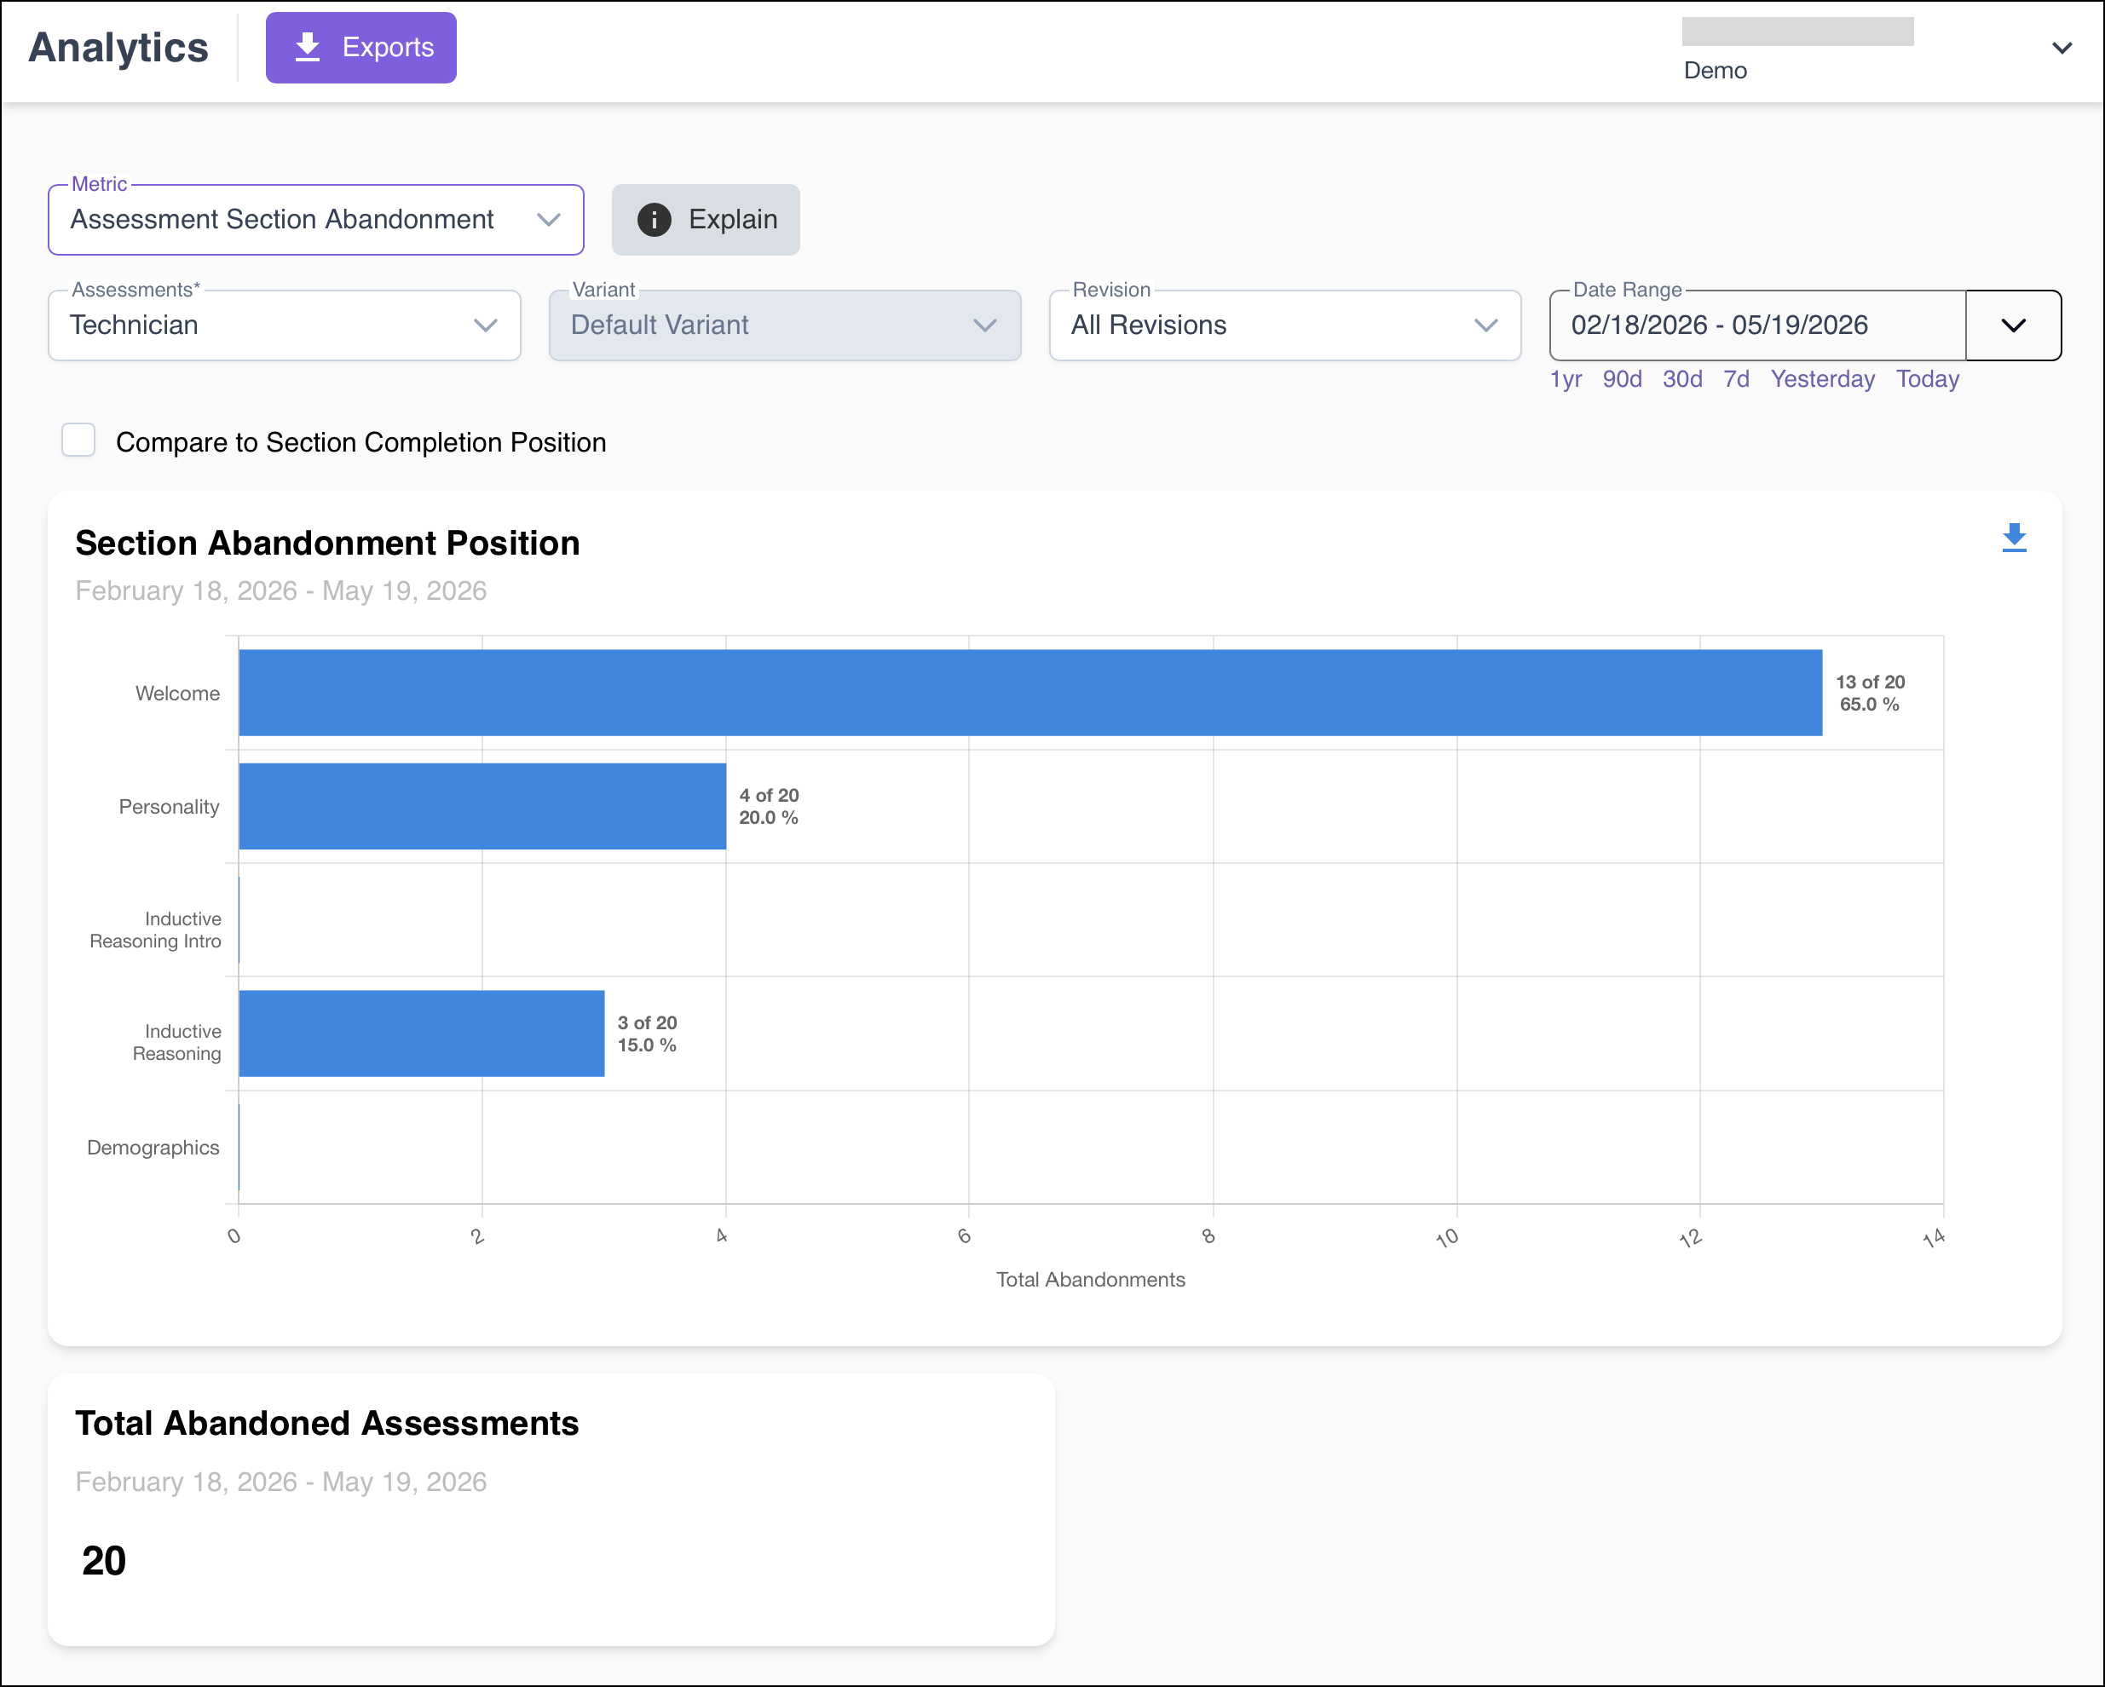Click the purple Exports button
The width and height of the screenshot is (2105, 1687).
[x=360, y=47]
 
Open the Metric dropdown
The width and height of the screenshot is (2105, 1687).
[x=315, y=220]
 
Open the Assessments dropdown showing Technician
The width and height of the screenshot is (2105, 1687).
[x=284, y=325]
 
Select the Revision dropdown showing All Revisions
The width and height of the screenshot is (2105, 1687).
[x=1285, y=325]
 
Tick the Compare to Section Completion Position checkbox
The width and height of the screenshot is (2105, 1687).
[x=78, y=440]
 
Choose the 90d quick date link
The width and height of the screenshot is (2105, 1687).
[x=1622, y=379]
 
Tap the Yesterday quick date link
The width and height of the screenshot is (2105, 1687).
[x=1822, y=379]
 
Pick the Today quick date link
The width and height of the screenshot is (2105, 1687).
[x=1927, y=379]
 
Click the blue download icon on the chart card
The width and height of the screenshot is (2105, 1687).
[x=2013, y=538]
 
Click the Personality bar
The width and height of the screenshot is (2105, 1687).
[x=482, y=805]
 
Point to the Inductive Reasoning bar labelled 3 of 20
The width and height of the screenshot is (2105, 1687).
[x=422, y=1033]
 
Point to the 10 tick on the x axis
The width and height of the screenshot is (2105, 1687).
[x=1447, y=1238]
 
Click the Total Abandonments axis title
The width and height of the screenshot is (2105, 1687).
[x=1091, y=1279]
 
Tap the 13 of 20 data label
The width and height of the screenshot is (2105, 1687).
[x=1870, y=682]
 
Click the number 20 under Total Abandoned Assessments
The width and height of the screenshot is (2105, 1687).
[x=103, y=1560]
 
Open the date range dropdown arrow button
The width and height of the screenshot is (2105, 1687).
[x=2013, y=325]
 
